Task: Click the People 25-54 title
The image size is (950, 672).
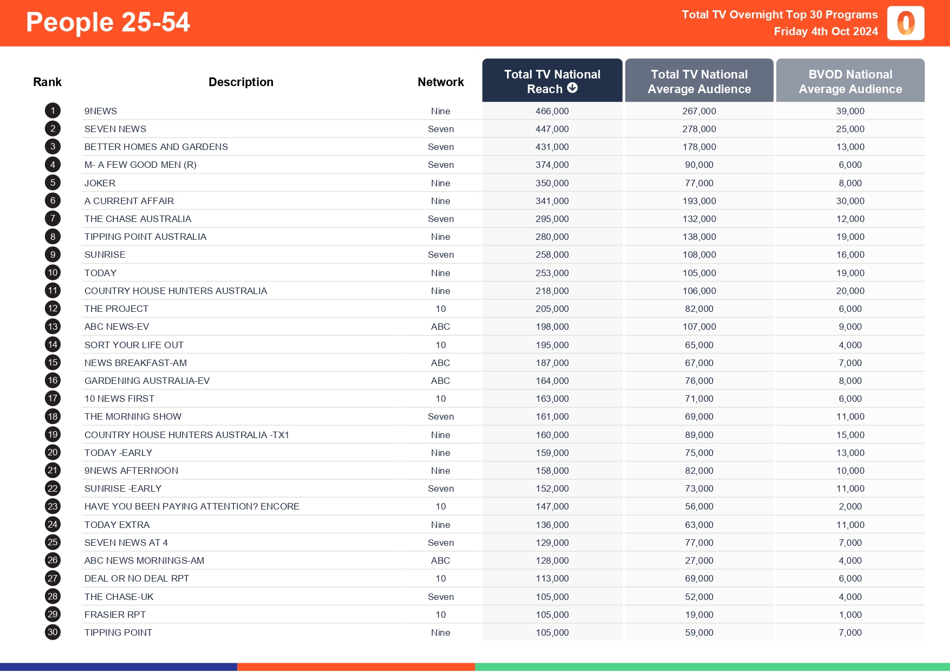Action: coord(108,23)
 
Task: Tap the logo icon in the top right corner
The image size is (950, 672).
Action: coord(906,23)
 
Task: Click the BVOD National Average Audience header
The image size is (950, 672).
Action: coord(850,81)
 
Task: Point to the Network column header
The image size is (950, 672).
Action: coord(440,82)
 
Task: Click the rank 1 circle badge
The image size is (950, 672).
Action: coord(53,111)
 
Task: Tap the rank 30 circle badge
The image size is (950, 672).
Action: coord(53,632)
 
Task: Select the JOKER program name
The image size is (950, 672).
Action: coord(100,183)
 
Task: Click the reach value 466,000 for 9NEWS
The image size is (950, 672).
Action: coord(552,111)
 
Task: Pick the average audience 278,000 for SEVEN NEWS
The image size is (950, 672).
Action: coord(699,129)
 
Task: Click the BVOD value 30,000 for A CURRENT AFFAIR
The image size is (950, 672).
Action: coord(850,201)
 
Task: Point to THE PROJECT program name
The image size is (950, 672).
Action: coord(116,309)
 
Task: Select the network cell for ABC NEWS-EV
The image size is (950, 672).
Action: coord(440,327)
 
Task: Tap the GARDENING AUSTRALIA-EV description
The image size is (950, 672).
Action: coord(147,381)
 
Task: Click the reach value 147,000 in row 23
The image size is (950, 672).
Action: coord(552,506)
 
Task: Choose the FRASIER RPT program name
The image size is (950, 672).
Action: coord(115,615)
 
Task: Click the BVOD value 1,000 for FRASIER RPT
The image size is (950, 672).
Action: coord(850,615)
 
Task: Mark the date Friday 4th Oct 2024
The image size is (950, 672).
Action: coord(825,31)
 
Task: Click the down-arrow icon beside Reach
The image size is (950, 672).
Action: coord(572,88)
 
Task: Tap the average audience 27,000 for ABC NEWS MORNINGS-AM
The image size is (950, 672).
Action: coord(699,560)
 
